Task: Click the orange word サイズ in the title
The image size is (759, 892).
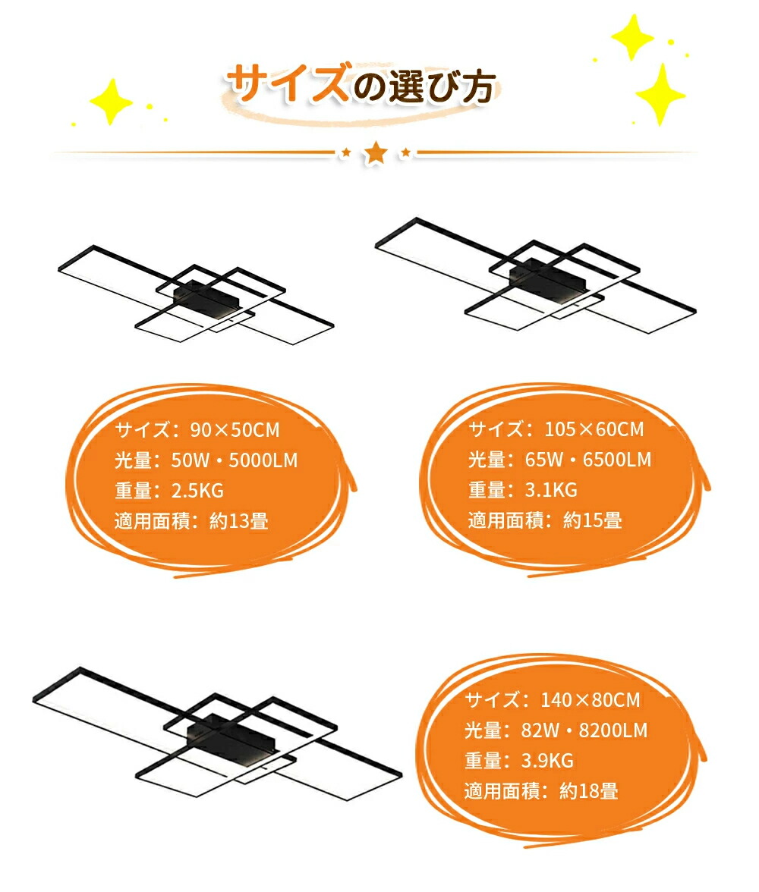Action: pyautogui.click(x=288, y=83)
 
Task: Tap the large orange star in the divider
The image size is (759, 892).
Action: pyautogui.click(x=376, y=153)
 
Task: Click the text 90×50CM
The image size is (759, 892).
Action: pyautogui.click(x=235, y=430)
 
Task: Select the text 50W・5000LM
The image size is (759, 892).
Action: pyautogui.click(x=235, y=460)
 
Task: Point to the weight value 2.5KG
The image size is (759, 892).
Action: pyautogui.click(x=197, y=490)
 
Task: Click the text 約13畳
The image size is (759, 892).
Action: pyautogui.click(x=239, y=521)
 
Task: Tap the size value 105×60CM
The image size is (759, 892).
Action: pyautogui.click(x=594, y=429)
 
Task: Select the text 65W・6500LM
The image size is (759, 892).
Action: pyautogui.click(x=588, y=459)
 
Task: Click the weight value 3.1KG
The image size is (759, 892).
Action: pyautogui.click(x=551, y=489)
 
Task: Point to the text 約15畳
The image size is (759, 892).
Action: pyautogui.click(x=593, y=520)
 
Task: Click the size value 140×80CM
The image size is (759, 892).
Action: pyautogui.click(x=591, y=699)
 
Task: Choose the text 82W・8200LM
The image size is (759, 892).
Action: pyautogui.click(x=584, y=730)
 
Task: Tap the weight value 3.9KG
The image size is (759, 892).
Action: pyautogui.click(x=548, y=760)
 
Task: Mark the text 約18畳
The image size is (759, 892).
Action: pyautogui.click(x=589, y=790)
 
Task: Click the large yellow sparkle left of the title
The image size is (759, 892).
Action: pyautogui.click(x=111, y=102)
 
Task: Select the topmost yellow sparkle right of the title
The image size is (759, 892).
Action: pyautogui.click(x=632, y=36)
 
